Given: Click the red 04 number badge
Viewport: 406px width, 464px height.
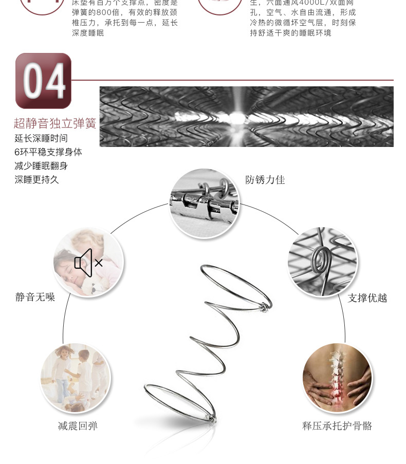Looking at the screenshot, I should [x=44, y=81].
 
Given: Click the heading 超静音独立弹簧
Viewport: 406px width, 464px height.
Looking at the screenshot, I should [x=55, y=124].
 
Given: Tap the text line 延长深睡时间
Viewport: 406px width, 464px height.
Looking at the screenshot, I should [x=41, y=138].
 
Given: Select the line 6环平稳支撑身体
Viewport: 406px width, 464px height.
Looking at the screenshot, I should [x=48, y=152].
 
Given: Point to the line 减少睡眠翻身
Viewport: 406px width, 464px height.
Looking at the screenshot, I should [x=41, y=166].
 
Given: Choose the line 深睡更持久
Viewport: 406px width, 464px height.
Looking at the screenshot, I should [x=36, y=180].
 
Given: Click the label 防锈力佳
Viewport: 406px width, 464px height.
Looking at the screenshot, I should [x=265, y=180].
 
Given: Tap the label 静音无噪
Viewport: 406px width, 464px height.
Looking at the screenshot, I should [x=35, y=297].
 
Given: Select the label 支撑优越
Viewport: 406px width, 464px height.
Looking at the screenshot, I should [x=367, y=298].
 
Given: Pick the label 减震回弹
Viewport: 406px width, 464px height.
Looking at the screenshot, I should [x=78, y=426].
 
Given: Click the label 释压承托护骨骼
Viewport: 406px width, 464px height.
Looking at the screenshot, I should [x=337, y=426].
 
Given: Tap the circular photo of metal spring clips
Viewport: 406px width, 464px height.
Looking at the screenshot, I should [x=204, y=203].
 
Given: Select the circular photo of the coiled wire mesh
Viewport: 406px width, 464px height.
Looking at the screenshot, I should [x=322, y=262].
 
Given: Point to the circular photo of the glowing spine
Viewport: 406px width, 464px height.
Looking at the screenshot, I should [x=337, y=378].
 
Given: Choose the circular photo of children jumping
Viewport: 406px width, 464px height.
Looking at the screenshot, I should [x=76, y=378].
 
